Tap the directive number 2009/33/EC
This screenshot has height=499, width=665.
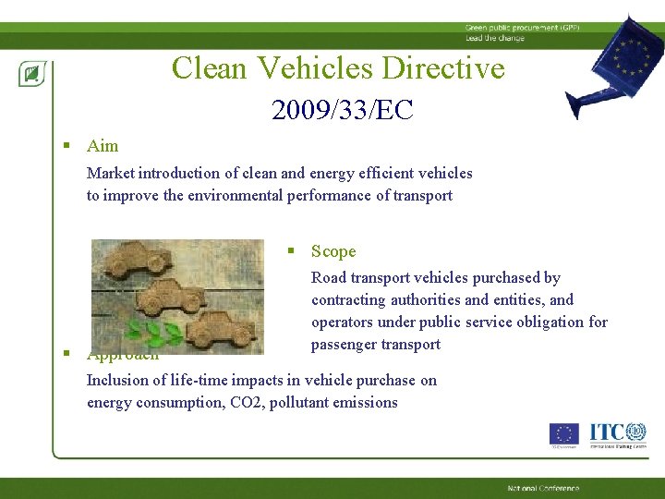click(x=342, y=111)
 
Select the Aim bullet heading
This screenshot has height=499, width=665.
click(x=103, y=145)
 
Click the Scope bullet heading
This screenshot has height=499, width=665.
click(x=332, y=251)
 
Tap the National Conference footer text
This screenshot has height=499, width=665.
click(x=543, y=488)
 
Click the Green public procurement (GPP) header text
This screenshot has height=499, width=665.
click(x=511, y=29)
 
